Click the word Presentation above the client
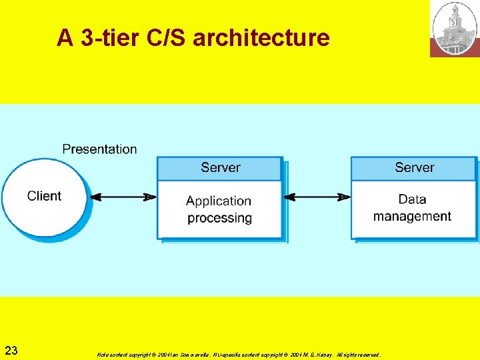(x=99, y=149)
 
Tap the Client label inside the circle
(x=44, y=196)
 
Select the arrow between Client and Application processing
(x=123, y=197)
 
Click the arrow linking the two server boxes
(x=317, y=197)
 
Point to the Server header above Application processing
(x=220, y=167)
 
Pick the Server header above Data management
(x=414, y=167)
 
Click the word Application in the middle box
(x=219, y=201)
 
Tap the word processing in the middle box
(x=219, y=218)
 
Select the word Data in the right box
(x=412, y=199)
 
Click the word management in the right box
(x=412, y=216)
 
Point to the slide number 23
(x=11, y=350)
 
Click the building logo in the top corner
(x=454, y=29)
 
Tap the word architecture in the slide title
(x=261, y=38)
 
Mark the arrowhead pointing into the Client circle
(x=95, y=197)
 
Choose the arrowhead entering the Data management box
(x=344, y=197)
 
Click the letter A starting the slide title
(x=65, y=38)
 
